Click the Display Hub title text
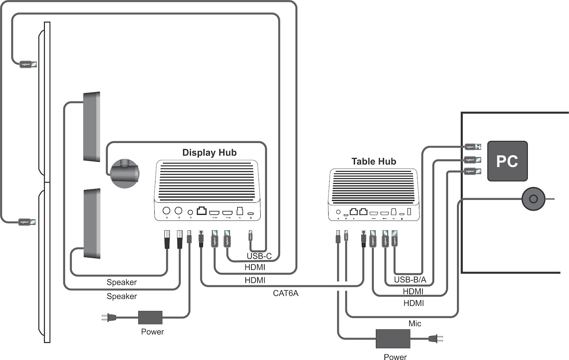(209, 153)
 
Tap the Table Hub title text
(373, 162)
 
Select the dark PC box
(507, 161)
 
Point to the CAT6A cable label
(286, 293)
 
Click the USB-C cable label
(259, 256)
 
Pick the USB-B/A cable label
(410, 280)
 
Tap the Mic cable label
(415, 324)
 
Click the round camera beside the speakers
(124, 173)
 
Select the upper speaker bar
(92, 127)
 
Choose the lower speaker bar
(92, 223)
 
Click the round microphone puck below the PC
(533, 198)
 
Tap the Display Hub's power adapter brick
(150, 317)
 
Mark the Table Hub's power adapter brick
(393, 338)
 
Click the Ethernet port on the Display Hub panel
(202, 211)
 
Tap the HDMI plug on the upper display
(28, 64)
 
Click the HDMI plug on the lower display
(27, 222)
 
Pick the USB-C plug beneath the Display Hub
(250, 235)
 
